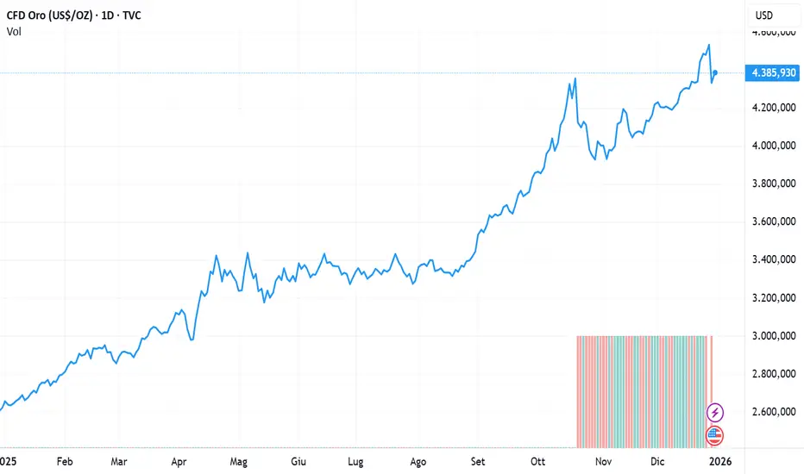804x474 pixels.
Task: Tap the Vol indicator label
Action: pyautogui.click(x=13, y=31)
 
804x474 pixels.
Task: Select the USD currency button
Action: pyautogui.click(x=764, y=16)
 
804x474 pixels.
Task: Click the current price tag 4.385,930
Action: pyautogui.click(x=774, y=73)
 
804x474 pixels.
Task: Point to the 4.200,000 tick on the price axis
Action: pyautogui.click(x=773, y=109)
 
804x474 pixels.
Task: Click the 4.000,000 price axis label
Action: pyautogui.click(x=773, y=147)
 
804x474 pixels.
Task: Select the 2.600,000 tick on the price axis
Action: pyautogui.click(x=773, y=412)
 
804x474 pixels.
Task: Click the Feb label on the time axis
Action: pyautogui.click(x=65, y=461)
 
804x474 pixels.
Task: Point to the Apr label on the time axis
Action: pyautogui.click(x=179, y=461)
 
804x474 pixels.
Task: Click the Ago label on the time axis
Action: pyautogui.click(x=418, y=461)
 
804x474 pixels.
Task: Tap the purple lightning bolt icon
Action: pyautogui.click(x=715, y=413)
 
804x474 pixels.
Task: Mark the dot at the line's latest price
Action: pyautogui.click(x=715, y=73)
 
